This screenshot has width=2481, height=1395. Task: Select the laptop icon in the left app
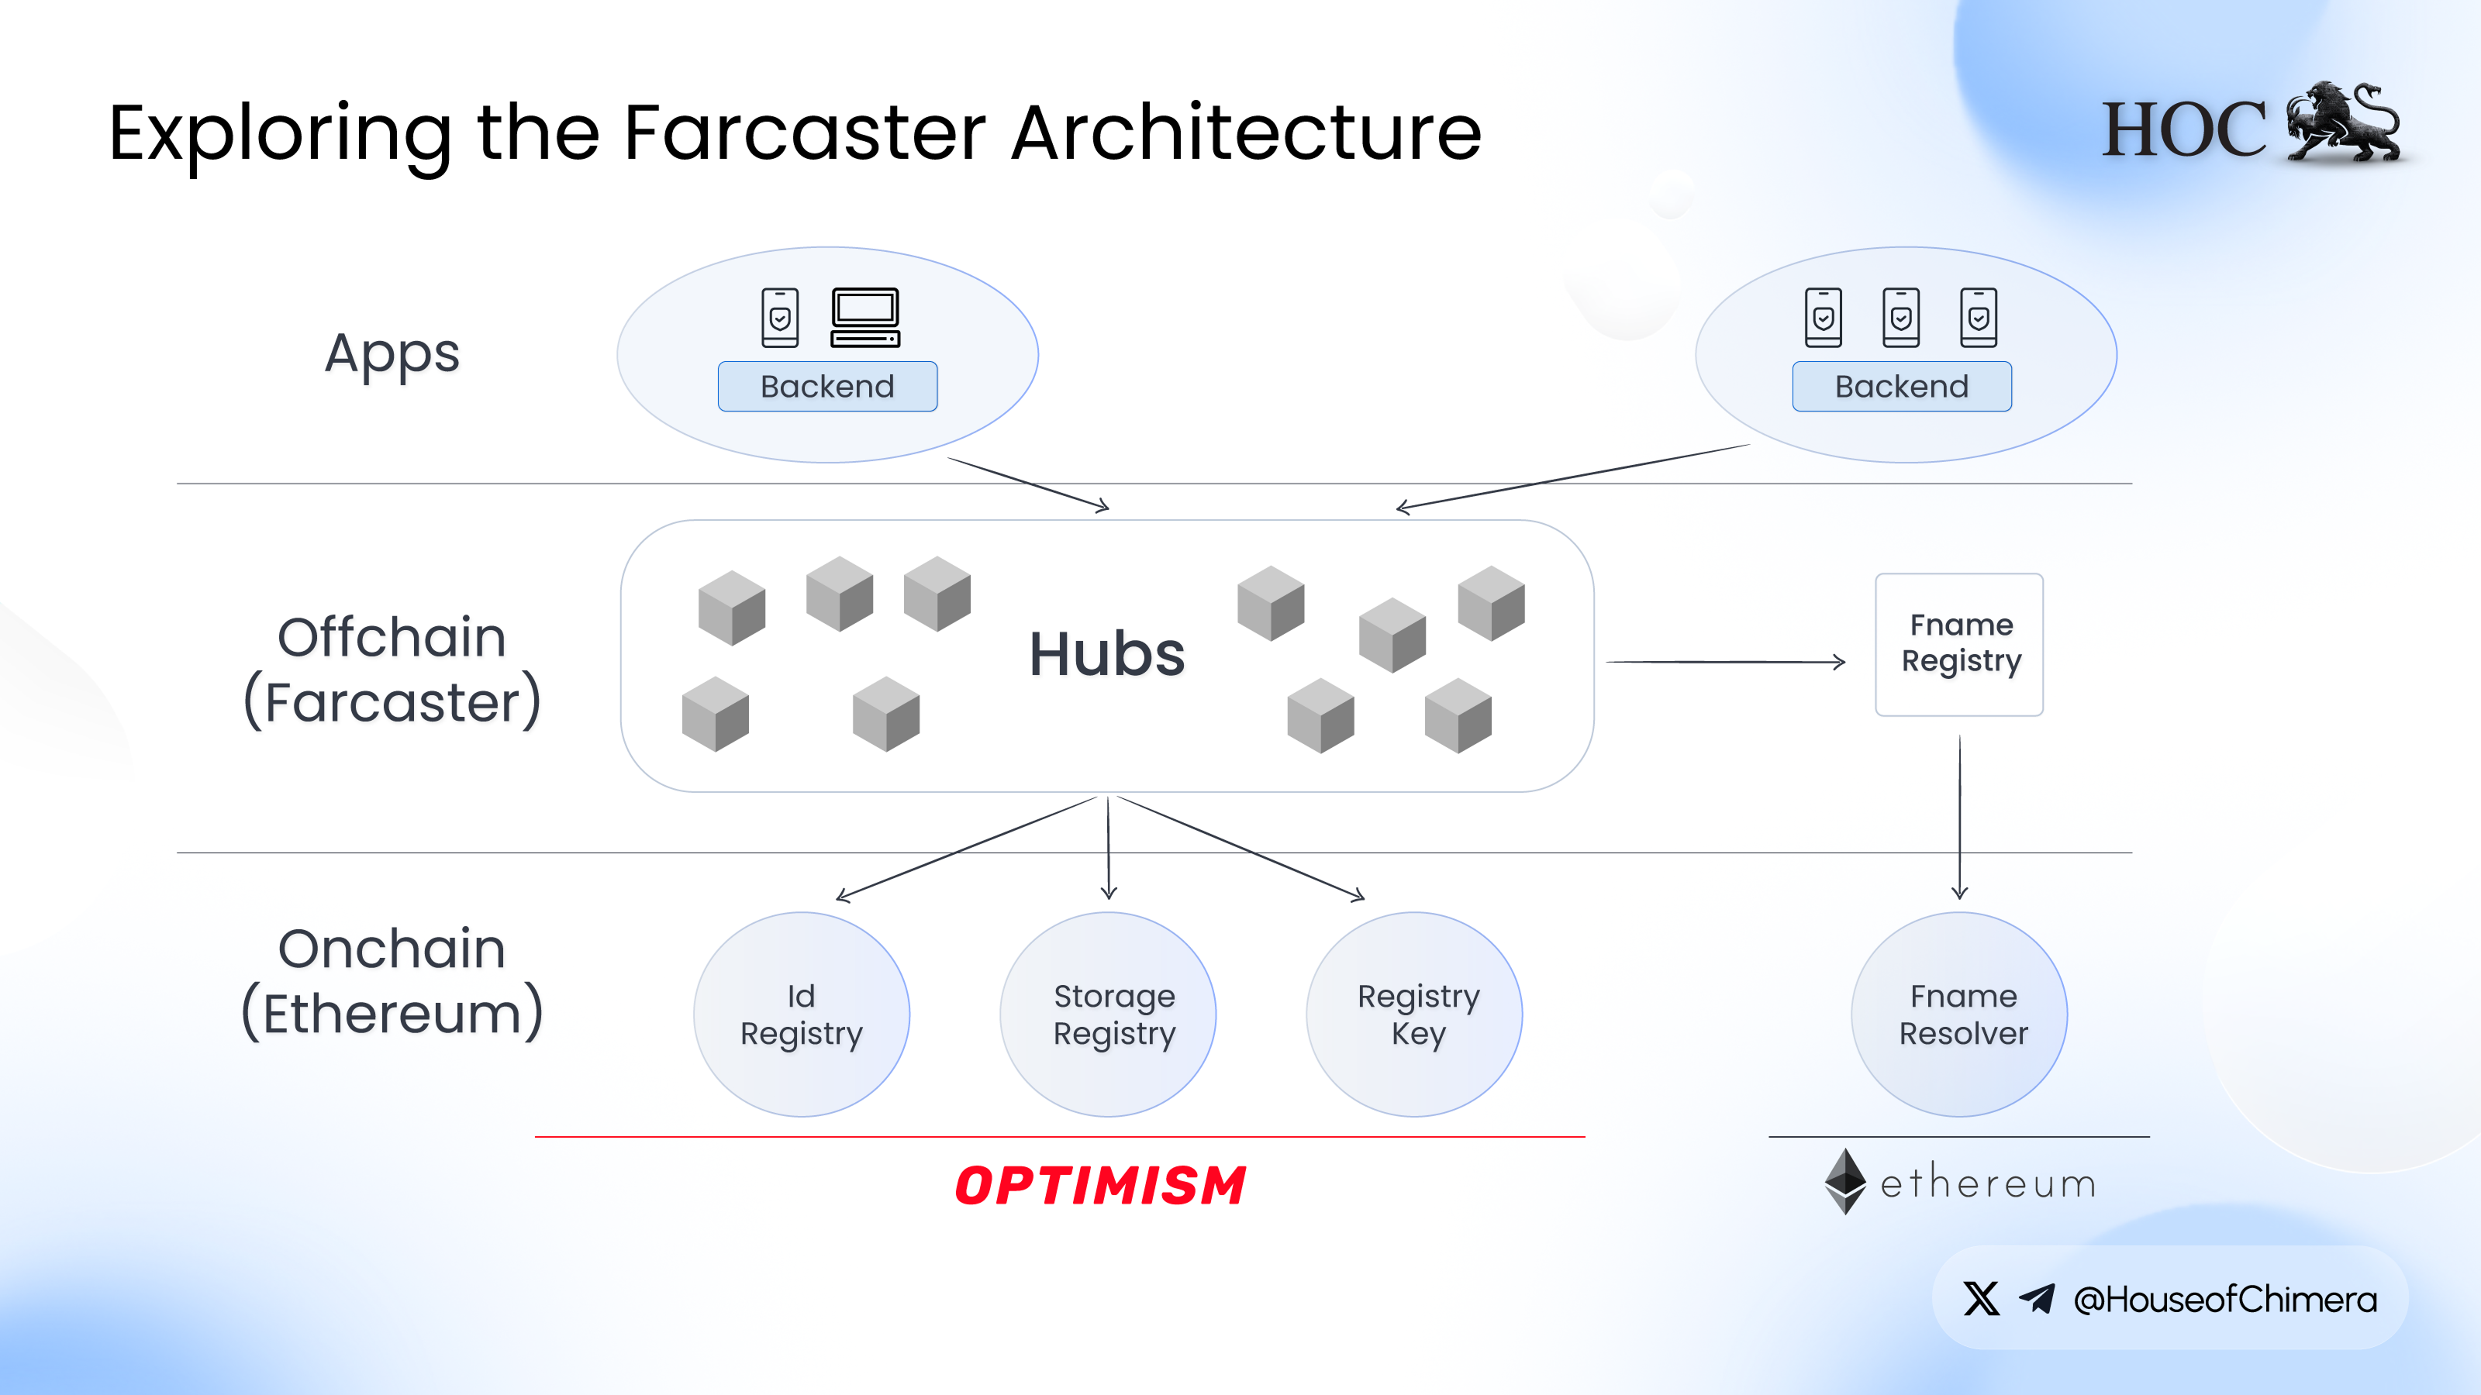click(x=865, y=317)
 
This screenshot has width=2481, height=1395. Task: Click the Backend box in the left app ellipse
click(x=827, y=386)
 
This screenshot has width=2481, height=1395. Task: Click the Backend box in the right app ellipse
click(x=1901, y=386)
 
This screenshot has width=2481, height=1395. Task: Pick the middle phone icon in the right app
click(x=1900, y=317)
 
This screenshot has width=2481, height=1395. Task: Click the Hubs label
click(x=1106, y=655)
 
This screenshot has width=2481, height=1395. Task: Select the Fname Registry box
click(x=1959, y=644)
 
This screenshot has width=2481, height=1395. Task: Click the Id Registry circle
click(x=802, y=1014)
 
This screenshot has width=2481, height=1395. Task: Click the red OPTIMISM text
click(x=1100, y=1185)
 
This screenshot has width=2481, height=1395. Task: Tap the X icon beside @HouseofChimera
click(x=1981, y=1299)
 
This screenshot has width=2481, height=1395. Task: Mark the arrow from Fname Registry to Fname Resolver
click(x=1959, y=818)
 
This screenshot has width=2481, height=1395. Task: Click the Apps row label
click(x=392, y=354)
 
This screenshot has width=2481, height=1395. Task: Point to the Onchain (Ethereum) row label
click(x=392, y=982)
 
